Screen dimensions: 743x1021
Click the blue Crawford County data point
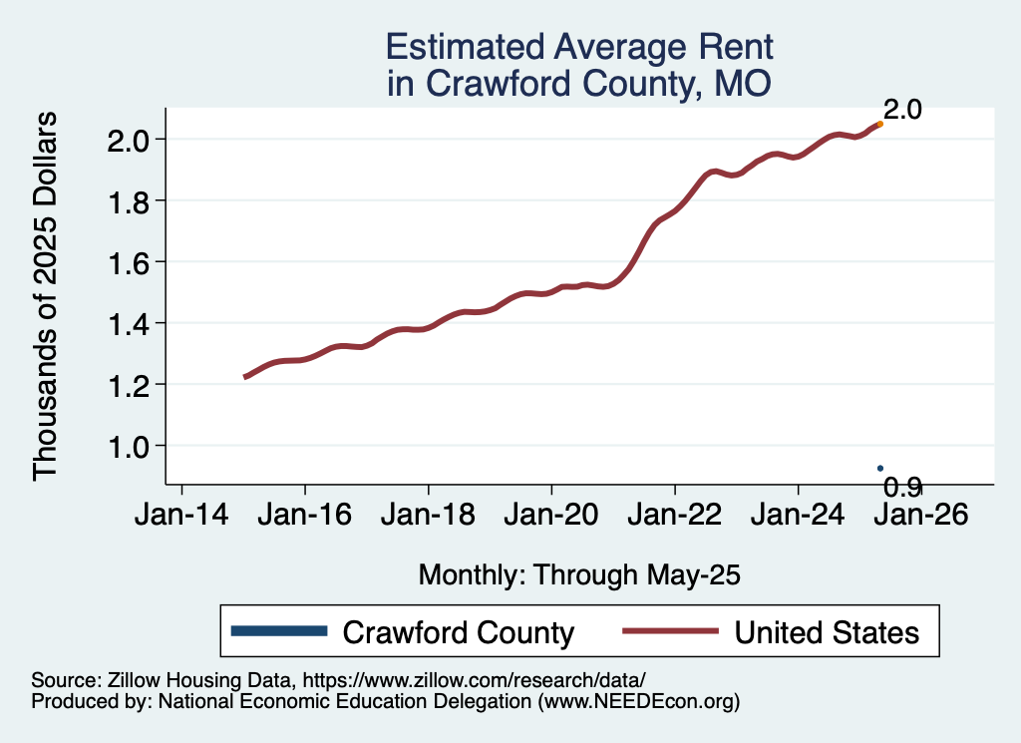[879, 468]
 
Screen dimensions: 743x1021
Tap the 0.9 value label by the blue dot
[903, 487]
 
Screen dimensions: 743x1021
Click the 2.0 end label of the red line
[902, 110]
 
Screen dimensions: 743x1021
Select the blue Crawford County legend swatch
[278, 631]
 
